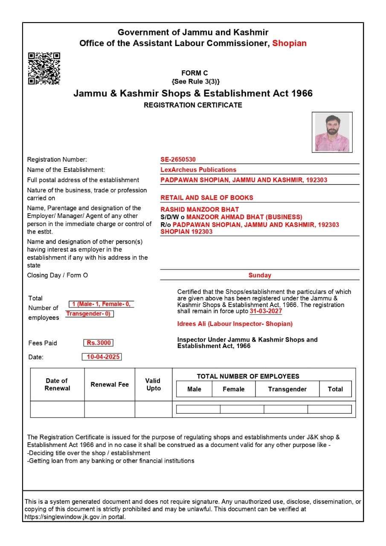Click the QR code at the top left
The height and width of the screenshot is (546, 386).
click(x=44, y=68)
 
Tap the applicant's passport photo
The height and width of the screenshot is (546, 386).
click(x=332, y=132)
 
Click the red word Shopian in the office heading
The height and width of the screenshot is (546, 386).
click(x=289, y=43)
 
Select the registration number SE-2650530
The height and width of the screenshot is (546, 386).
click(x=178, y=160)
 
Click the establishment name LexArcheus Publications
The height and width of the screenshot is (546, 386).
click(x=198, y=170)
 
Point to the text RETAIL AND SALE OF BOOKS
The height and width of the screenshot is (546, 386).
click(x=207, y=197)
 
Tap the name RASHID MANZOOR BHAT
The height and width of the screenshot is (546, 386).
click(x=200, y=209)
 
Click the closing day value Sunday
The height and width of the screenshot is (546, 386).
click(x=260, y=276)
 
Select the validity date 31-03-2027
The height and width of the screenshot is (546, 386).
click(x=266, y=311)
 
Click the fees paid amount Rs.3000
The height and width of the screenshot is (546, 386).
click(x=99, y=343)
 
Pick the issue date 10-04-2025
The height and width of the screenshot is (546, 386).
click(x=102, y=357)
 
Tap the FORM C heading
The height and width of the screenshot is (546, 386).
click(x=194, y=73)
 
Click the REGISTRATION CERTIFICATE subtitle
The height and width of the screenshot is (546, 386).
click(x=193, y=105)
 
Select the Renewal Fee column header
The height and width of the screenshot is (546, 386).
click(x=110, y=385)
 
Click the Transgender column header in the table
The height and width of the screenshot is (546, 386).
click(x=287, y=389)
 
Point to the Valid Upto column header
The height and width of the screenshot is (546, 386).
click(x=154, y=384)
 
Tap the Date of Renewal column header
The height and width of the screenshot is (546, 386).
click(x=57, y=384)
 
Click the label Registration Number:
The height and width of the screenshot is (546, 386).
click(x=57, y=160)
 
